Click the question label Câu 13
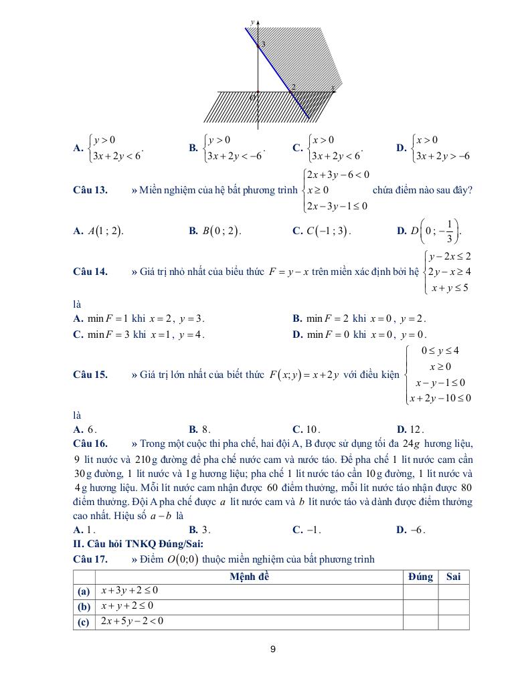tap(90, 190)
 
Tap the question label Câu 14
tap(90, 272)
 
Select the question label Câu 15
tap(90, 375)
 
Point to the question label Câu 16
tap(90, 444)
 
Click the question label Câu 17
tap(90, 559)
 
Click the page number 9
tap(273, 649)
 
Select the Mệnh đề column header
tap(249, 577)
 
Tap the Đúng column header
tap(420, 577)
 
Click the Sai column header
tap(453, 577)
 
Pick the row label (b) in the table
tap(84, 606)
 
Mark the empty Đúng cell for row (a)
tap(420, 591)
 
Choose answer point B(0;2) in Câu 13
tap(215, 231)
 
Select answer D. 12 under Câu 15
tap(410, 429)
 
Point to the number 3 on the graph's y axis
tap(263, 45)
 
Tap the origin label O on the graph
tap(253, 98)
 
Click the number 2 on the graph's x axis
tap(293, 87)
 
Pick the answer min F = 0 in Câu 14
tap(359, 334)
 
